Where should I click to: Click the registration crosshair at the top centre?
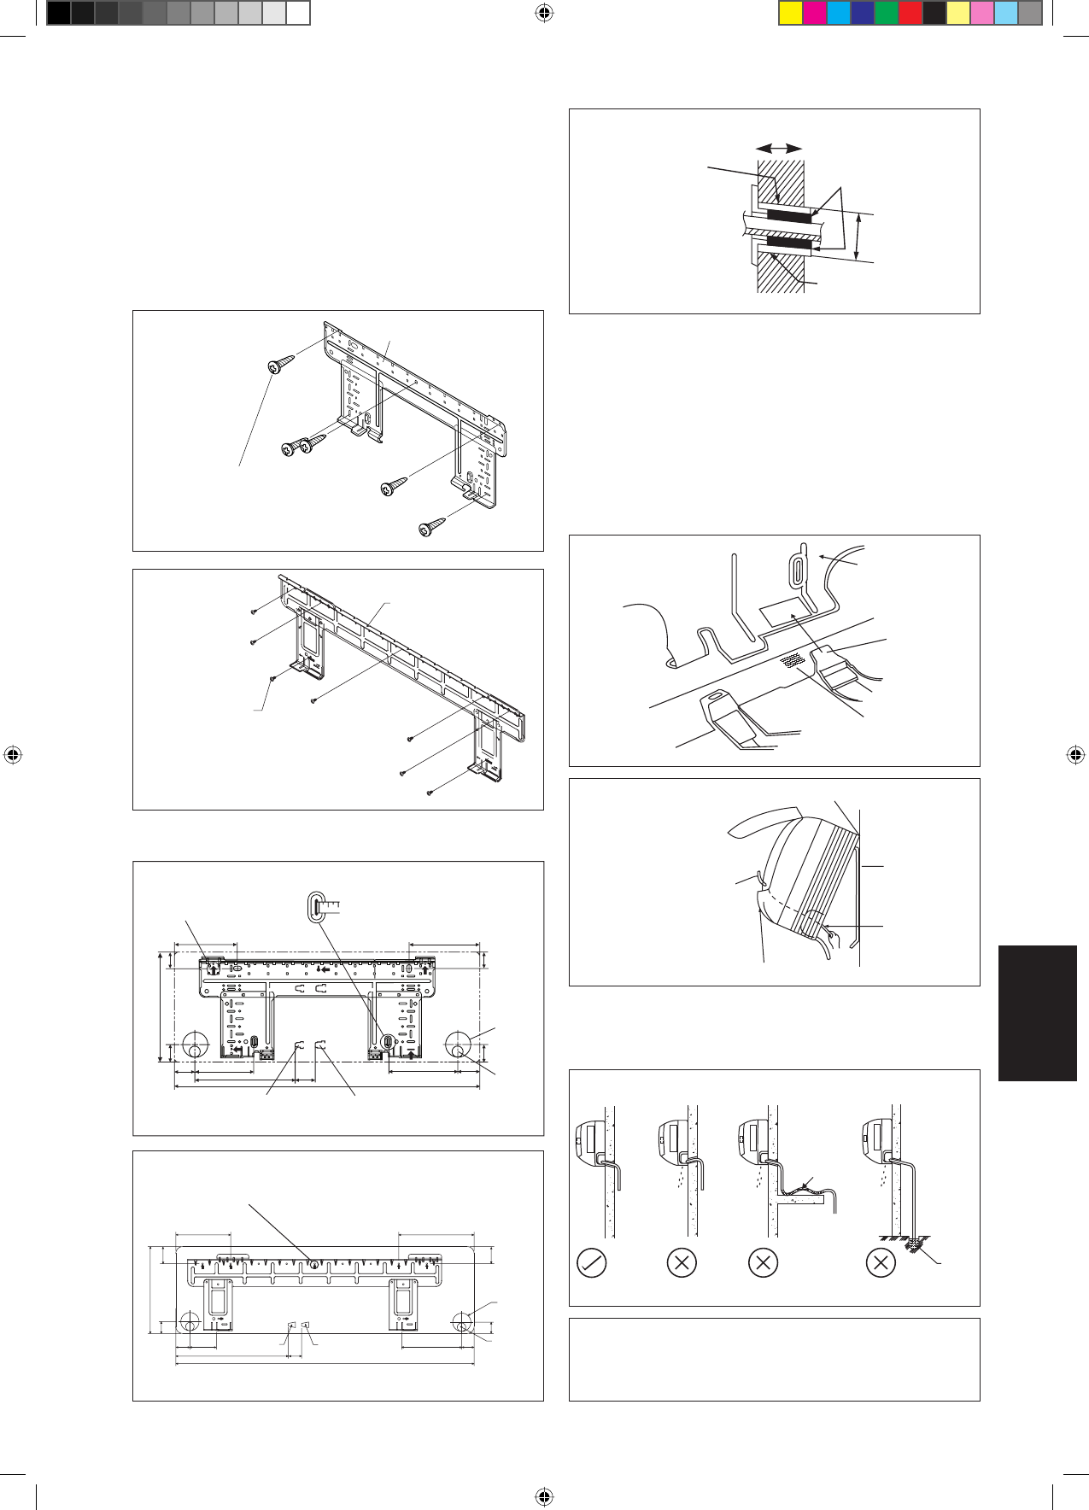pyautogui.click(x=544, y=13)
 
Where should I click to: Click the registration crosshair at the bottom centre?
pyautogui.click(x=544, y=1495)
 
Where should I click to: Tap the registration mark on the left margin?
pyautogui.click(x=13, y=755)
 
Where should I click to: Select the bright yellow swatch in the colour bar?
pyautogui.click(x=791, y=13)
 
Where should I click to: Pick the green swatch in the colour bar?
pyautogui.click(x=887, y=13)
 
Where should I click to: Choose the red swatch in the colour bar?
pyautogui.click(x=910, y=13)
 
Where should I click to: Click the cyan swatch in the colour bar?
pyautogui.click(x=839, y=13)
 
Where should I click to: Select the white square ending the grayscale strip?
pyautogui.click(x=297, y=13)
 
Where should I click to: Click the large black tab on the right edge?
pyautogui.click(x=1037, y=1013)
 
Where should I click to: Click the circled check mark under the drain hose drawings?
pyautogui.click(x=592, y=1262)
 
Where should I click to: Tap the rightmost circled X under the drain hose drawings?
pyautogui.click(x=881, y=1262)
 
